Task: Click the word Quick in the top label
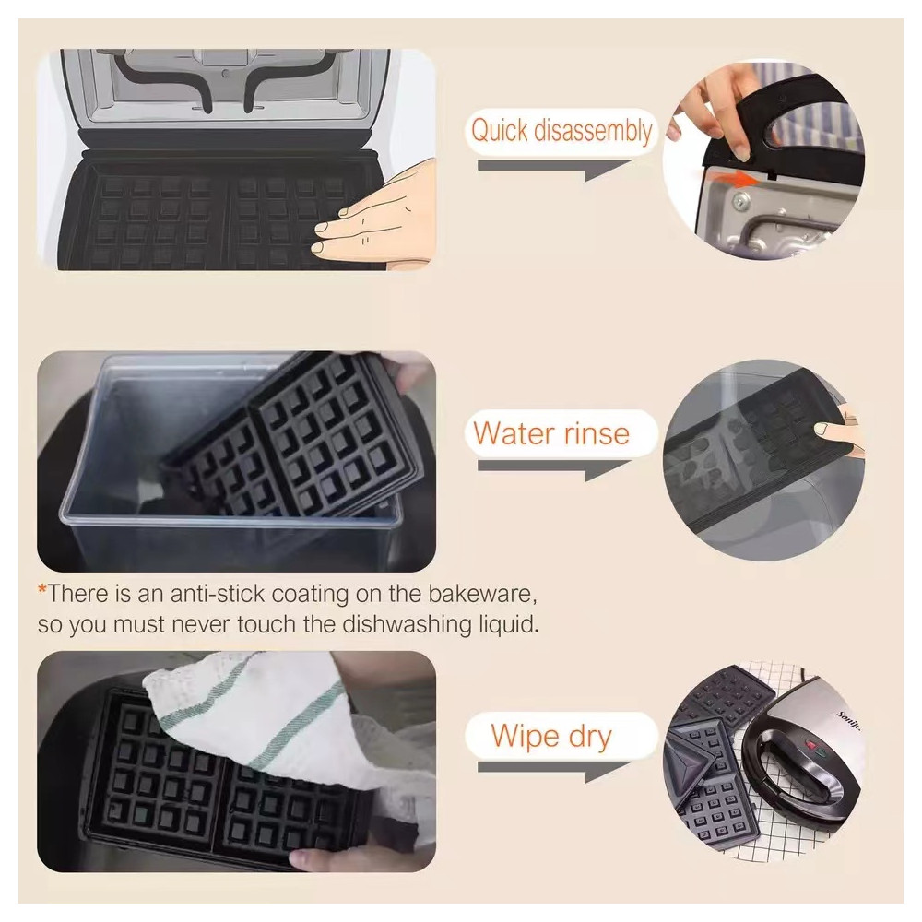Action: click(x=500, y=130)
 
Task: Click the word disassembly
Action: click(x=593, y=130)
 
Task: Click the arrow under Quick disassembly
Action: click(x=554, y=168)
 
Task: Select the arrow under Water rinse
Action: click(x=554, y=468)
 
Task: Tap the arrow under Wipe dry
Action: click(x=554, y=770)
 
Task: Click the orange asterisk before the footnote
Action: click(x=41, y=588)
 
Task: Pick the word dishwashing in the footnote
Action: click(x=408, y=624)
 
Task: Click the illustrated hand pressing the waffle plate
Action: click(x=376, y=215)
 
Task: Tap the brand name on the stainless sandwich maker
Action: click(x=849, y=721)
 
